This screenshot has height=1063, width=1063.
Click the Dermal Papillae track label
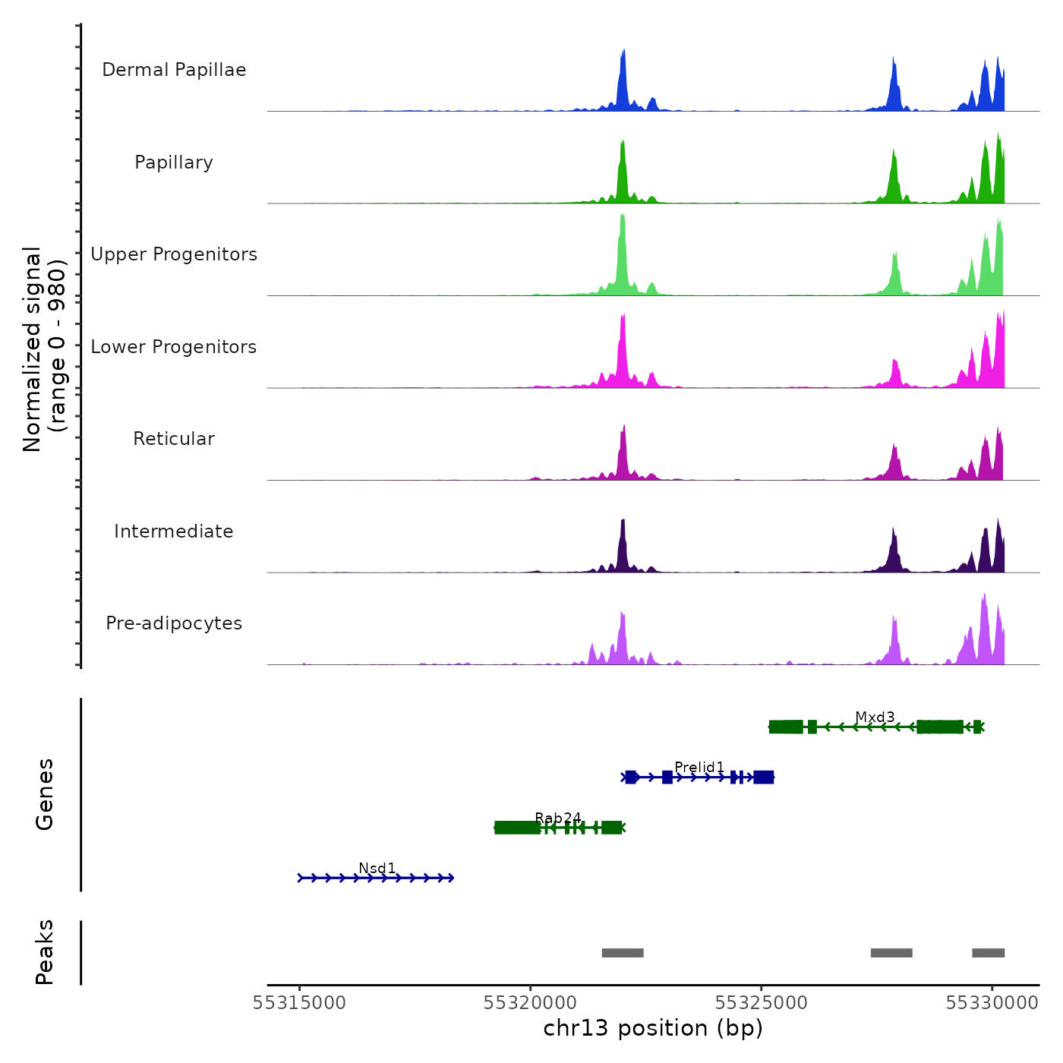point(174,70)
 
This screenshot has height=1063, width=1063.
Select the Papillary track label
point(174,162)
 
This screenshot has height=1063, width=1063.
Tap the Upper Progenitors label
point(174,254)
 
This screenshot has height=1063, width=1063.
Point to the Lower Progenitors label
point(174,347)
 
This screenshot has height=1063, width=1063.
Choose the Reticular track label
point(174,439)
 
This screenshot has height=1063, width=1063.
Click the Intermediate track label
point(174,531)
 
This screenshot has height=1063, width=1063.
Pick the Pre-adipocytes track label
point(174,623)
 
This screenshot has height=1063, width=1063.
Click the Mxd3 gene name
point(875,718)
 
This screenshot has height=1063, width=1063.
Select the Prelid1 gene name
point(699,768)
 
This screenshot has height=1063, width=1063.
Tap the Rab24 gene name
point(558,818)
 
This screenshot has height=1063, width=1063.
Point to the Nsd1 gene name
point(377,868)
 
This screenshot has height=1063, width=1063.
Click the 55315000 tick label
point(299,1003)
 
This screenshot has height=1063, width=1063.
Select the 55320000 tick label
point(531,1003)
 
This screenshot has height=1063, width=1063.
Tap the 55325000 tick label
point(762,1003)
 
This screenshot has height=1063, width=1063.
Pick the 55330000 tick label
point(992,1003)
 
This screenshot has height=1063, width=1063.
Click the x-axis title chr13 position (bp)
point(653,1028)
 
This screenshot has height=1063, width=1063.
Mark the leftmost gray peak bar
point(623,953)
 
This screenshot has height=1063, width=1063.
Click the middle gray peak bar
point(891,953)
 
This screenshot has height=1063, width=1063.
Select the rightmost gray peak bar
point(988,953)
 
